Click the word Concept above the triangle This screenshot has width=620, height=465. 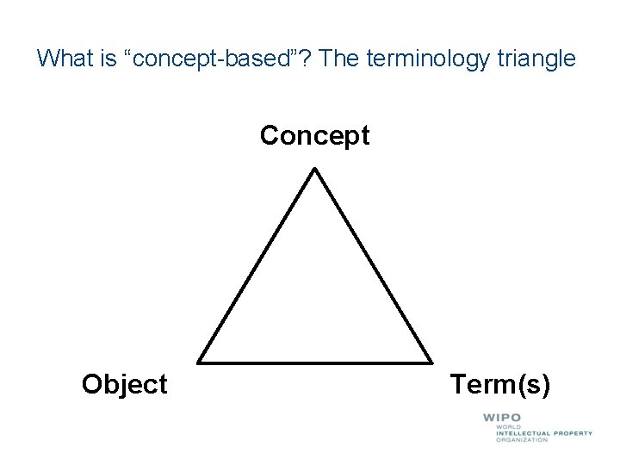click(314, 136)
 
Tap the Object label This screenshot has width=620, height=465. click(124, 384)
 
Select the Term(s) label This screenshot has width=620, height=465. click(499, 384)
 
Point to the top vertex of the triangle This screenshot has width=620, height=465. click(315, 169)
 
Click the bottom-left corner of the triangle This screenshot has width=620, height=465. click(200, 361)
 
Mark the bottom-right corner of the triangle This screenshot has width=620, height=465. click(431, 361)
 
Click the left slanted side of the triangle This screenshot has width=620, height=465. click(257, 265)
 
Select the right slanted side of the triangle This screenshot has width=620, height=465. click(373, 265)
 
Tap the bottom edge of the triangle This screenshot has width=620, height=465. click(315, 362)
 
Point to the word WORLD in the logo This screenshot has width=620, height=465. click(507, 426)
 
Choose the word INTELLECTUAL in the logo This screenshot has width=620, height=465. click(524, 433)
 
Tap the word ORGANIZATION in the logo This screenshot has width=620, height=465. click(522, 440)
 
